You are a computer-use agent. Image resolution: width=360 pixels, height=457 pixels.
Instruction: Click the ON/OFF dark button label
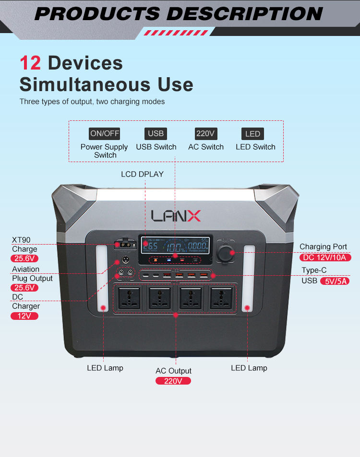[105, 134]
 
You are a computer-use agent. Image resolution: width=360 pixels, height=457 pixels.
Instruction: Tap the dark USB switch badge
[156, 134]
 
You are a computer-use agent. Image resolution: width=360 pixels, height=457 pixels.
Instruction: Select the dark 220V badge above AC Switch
[206, 134]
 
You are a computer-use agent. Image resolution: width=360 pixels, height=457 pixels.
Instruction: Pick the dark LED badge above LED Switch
[252, 134]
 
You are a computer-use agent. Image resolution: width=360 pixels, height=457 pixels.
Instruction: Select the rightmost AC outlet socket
[220, 298]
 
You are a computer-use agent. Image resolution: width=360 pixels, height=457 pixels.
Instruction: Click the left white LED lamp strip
[102, 279]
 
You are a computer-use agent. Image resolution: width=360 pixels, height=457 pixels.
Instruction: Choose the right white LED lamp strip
[249, 279]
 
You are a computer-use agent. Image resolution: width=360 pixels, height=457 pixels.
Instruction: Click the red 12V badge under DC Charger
[24, 316]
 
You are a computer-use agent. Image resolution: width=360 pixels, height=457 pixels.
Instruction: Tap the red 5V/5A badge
[334, 281]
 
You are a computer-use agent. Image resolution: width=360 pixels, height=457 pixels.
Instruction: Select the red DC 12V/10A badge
[327, 257]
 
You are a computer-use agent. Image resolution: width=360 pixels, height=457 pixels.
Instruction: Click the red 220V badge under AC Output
[173, 381]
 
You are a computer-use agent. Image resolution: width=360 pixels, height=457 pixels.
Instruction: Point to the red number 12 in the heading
[30, 64]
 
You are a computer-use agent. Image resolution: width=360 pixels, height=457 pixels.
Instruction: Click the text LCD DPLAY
[142, 174]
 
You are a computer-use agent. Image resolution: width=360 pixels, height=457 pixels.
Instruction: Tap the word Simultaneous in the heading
[81, 85]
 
